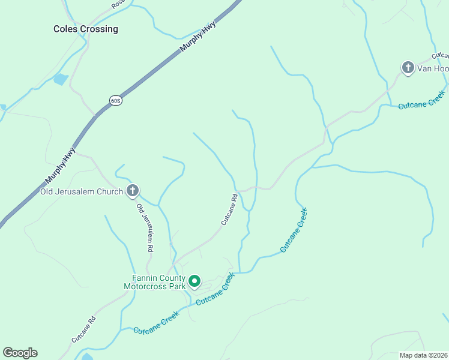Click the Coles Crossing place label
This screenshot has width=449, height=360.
(x=86, y=29)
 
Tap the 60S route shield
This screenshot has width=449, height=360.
(x=116, y=100)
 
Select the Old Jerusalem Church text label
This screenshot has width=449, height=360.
(x=82, y=191)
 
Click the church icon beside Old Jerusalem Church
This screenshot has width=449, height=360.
(x=133, y=191)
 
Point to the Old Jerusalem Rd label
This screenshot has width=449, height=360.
(x=145, y=227)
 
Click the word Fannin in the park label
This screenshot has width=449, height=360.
(x=146, y=278)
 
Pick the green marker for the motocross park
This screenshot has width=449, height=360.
(x=194, y=281)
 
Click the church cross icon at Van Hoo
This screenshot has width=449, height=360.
(x=408, y=68)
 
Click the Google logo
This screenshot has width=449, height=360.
(x=20, y=353)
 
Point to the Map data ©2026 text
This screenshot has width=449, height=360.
(x=423, y=355)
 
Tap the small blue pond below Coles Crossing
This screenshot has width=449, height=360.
(x=61, y=79)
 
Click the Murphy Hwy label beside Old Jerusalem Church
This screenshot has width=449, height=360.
(x=60, y=166)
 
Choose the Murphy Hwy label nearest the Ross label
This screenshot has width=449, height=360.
(x=197, y=40)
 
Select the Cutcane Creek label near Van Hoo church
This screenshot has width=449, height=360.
(x=422, y=100)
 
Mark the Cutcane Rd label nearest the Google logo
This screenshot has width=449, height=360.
(x=83, y=329)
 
